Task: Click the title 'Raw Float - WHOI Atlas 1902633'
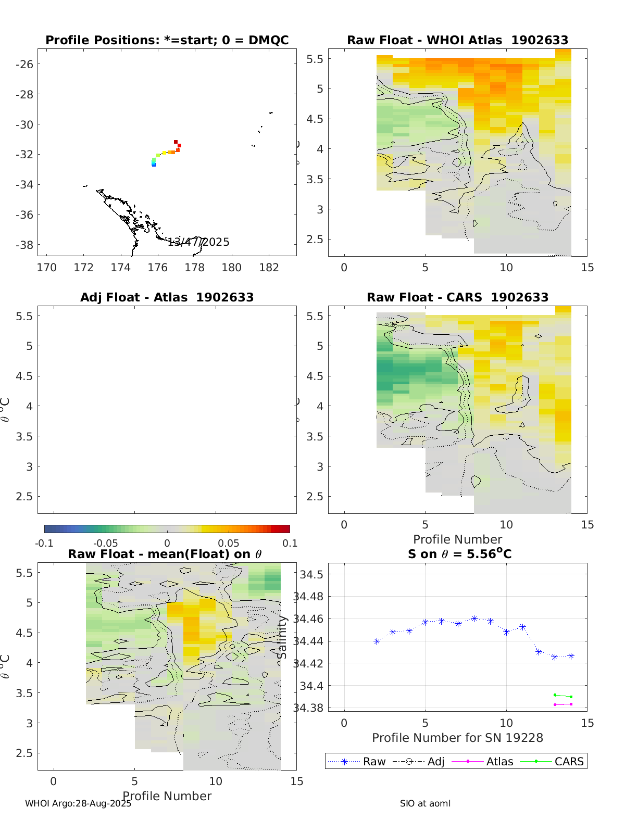click(457, 40)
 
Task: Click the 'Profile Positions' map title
click(167, 40)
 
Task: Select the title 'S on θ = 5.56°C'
click(459, 553)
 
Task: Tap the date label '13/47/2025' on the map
click(198, 242)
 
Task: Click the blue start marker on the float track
click(154, 165)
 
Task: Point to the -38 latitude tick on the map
click(24, 245)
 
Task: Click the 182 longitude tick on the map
click(268, 268)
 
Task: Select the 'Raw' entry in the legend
click(374, 761)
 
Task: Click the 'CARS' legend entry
click(569, 761)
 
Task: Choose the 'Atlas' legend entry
click(499, 761)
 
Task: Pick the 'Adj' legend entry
click(436, 761)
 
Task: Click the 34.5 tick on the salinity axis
click(311, 574)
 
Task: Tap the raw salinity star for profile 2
click(377, 641)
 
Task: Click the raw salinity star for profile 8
click(474, 619)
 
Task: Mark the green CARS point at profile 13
click(555, 695)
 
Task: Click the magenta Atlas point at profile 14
click(571, 704)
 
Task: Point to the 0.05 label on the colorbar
click(229, 543)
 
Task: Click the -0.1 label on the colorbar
click(44, 543)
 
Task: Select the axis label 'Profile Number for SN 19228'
click(457, 738)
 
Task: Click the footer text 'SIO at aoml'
click(425, 803)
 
